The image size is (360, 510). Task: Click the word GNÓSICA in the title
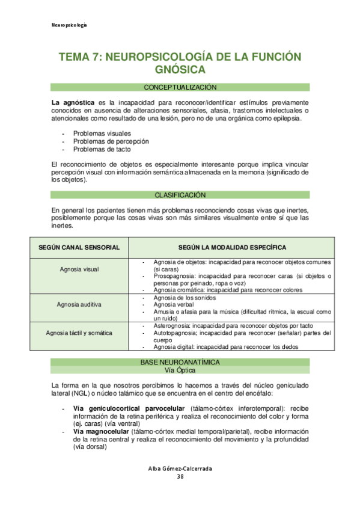(180, 69)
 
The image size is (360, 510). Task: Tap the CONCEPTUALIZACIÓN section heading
(180, 87)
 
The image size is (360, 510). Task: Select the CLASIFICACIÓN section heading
(180, 195)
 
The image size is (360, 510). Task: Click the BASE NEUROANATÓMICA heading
(180, 362)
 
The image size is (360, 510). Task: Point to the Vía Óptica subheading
(180, 370)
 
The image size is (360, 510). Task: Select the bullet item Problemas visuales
(102, 134)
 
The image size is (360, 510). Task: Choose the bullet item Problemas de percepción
(111, 141)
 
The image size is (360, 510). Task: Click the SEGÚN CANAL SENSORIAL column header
(79, 248)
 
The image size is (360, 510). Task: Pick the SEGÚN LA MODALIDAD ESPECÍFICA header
(232, 248)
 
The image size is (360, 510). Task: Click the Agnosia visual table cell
(79, 269)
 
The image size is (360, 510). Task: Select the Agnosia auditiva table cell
(79, 304)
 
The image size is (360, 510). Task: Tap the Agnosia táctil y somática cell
(79, 333)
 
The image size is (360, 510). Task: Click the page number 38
(180, 477)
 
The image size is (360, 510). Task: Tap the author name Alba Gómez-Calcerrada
(180, 469)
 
